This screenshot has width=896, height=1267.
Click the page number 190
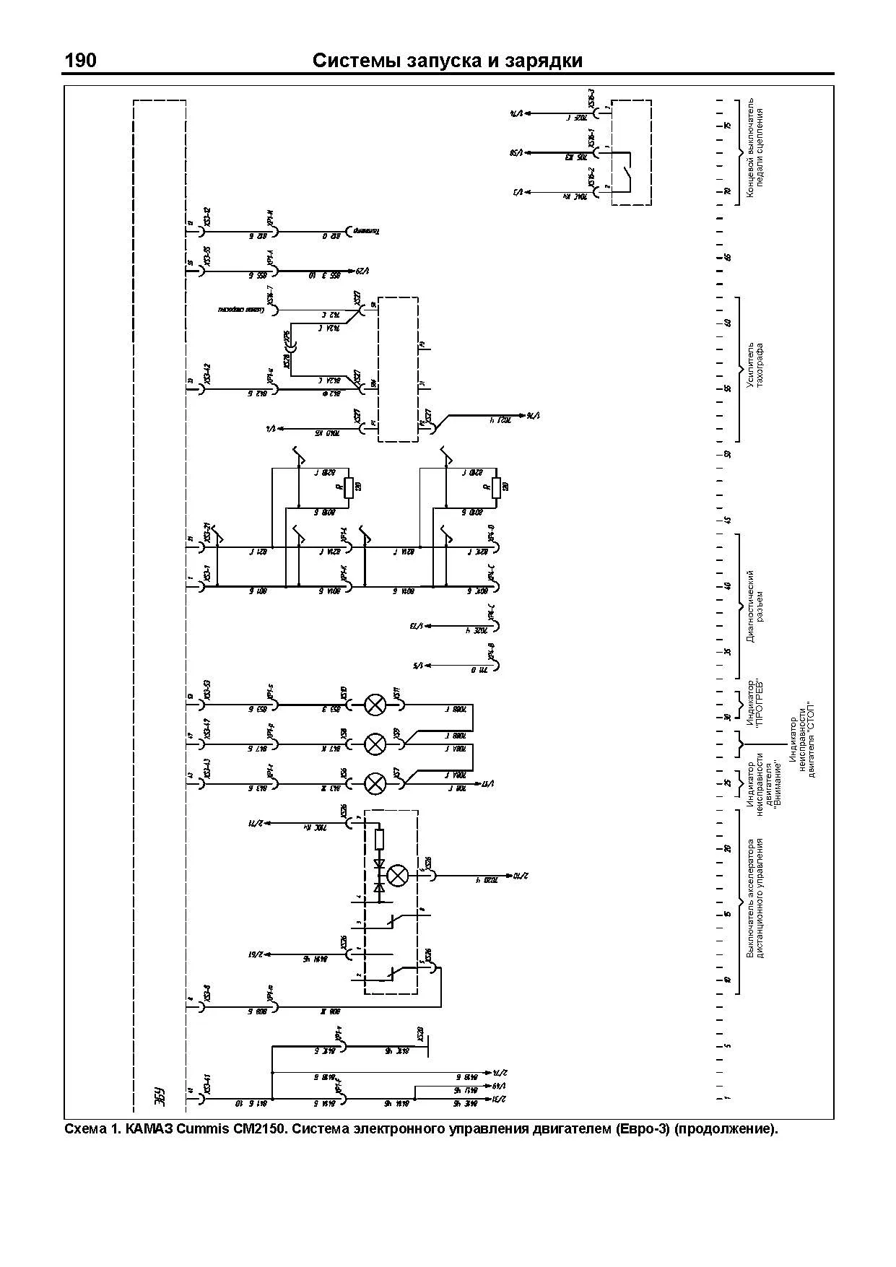pyautogui.click(x=80, y=61)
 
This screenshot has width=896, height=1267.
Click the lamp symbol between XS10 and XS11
pyautogui.click(x=375, y=705)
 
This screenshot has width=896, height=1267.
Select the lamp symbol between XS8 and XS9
pyautogui.click(x=375, y=744)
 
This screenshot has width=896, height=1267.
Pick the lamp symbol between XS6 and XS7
pyautogui.click(x=375, y=783)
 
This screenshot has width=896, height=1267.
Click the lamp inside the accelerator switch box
pyautogui.click(x=397, y=876)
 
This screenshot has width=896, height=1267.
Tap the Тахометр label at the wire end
pyautogui.click(x=366, y=232)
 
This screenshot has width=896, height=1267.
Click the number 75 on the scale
pyautogui.click(x=728, y=126)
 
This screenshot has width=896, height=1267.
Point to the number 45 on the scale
pyautogui.click(x=728, y=520)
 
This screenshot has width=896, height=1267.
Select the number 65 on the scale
pyautogui.click(x=728, y=257)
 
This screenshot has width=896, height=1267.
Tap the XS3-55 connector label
pyautogui.click(x=207, y=256)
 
